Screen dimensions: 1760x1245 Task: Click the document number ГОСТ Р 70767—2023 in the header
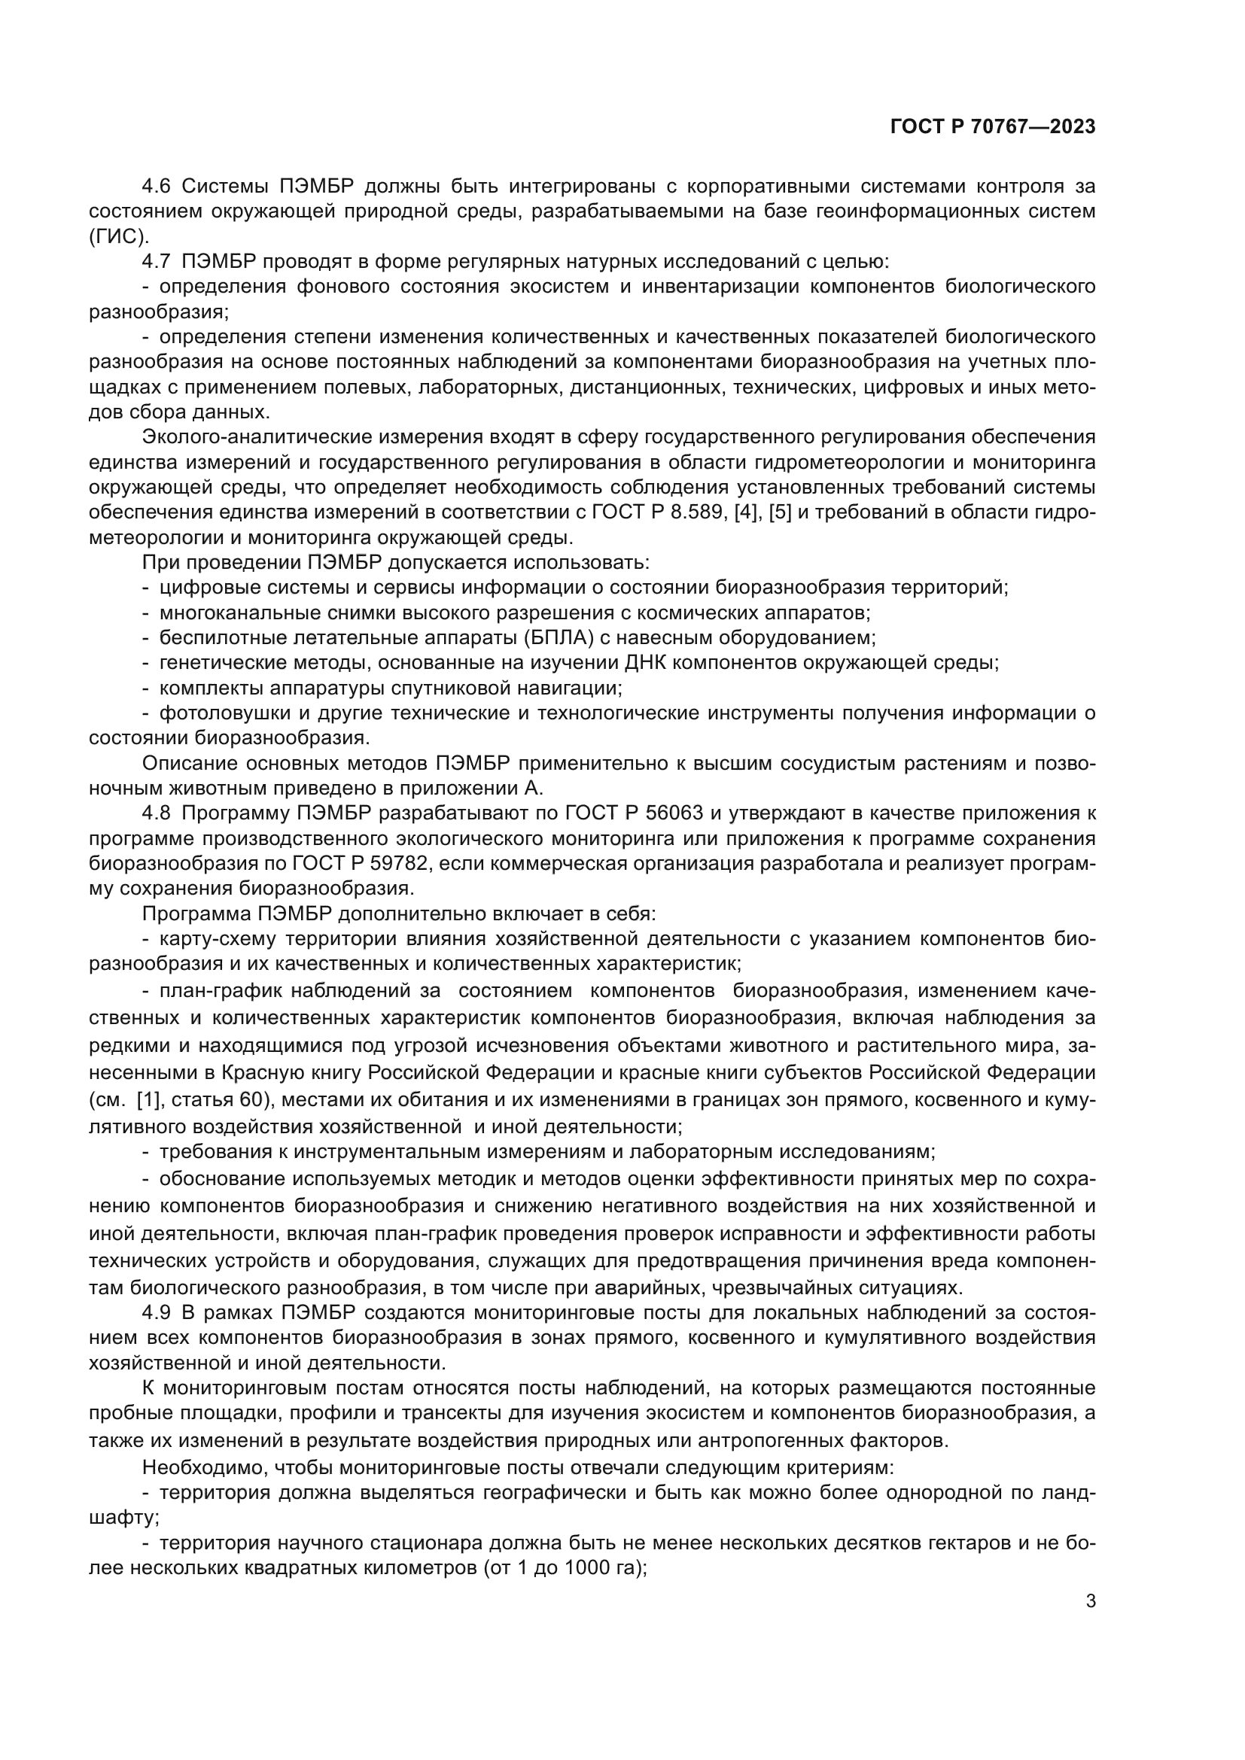coord(993,127)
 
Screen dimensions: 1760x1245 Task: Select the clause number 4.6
coord(159,187)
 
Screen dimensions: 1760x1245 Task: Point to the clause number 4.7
coord(159,261)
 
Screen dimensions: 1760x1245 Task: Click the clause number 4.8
coord(159,813)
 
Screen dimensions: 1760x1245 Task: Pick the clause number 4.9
coord(159,1313)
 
